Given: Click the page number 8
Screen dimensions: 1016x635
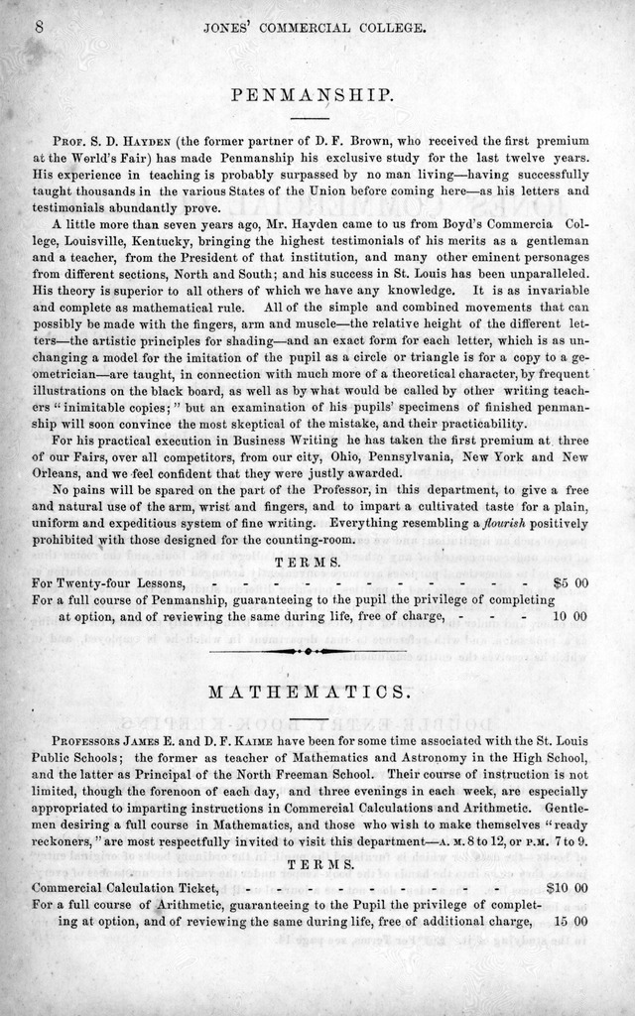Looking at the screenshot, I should pyautogui.click(x=39, y=28).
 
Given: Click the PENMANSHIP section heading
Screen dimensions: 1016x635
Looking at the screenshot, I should pyautogui.click(x=313, y=95).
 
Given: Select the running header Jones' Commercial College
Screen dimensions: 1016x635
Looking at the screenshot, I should pyautogui.click(x=315, y=29).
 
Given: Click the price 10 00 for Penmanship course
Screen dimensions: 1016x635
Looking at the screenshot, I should pyautogui.click(x=570, y=616).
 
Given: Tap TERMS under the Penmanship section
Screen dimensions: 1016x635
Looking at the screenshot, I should pyautogui.click(x=313, y=562).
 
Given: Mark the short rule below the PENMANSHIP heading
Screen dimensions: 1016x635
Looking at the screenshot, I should pyautogui.click(x=313, y=119).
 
